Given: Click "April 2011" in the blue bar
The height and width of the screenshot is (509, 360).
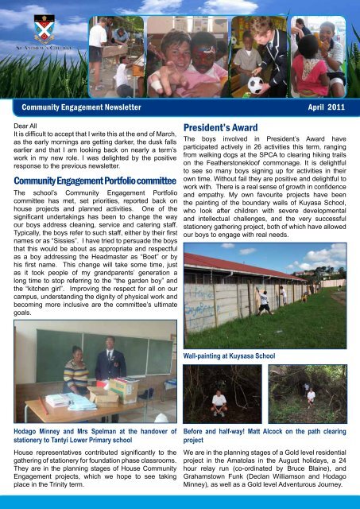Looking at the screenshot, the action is click(325, 105).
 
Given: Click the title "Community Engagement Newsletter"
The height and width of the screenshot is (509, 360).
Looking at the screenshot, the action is click(82, 105).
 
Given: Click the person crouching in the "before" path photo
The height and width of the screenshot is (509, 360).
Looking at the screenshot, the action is click(219, 400).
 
